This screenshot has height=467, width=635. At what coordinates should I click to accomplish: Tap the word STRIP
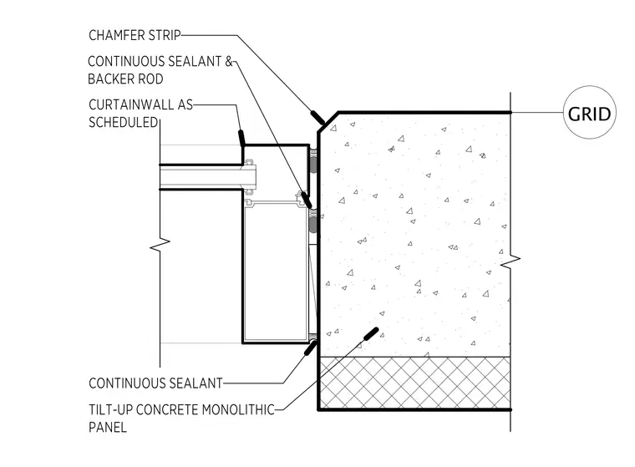pos(165,35)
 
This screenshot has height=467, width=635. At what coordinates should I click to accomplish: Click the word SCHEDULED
pos(123,122)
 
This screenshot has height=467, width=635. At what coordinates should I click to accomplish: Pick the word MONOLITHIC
pos(238,409)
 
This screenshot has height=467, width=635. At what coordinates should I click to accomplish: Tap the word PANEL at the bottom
pos(108,427)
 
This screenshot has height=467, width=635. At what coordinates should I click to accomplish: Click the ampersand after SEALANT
pos(229,61)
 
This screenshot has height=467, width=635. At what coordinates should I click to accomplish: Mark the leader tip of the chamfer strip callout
pos(323,123)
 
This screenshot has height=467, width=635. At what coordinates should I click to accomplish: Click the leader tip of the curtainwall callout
pos(243,145)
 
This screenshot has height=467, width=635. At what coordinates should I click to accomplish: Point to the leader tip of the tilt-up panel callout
pos(377,329)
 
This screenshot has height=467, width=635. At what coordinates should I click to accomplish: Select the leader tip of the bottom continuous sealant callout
pos(315,343)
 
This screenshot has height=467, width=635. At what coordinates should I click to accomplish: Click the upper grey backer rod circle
pos(313,164)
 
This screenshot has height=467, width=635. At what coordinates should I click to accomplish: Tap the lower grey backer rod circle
pos(313,225)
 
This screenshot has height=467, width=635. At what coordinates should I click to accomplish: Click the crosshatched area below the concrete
pos(414,383)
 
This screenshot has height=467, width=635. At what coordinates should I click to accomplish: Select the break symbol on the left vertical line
pos(160,244)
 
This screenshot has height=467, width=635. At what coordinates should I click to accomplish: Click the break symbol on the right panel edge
pos(511,261)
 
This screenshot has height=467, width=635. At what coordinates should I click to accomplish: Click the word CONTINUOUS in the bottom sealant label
pos(123,383)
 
